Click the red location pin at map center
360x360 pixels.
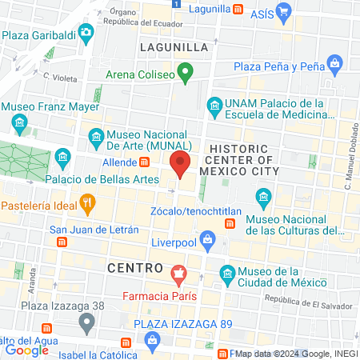tap(180, 166)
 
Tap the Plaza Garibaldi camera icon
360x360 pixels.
tap(86, 33)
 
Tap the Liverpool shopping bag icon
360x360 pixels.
tap(207, 239)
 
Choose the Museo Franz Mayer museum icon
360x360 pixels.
tap(20, 122)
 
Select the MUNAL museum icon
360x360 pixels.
tap(95, 136)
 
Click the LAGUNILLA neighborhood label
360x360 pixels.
tap(174, 47)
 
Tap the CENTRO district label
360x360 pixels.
tap(134, 266)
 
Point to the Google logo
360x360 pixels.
tap(26, 350)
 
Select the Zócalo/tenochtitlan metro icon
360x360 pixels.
tap(230, 222)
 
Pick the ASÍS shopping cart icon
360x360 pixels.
tap(283, 11)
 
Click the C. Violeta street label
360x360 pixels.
tap(60, 78)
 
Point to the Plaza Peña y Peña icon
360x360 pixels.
tap(336, 62)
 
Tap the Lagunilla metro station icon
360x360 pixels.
tap(237, 10)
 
